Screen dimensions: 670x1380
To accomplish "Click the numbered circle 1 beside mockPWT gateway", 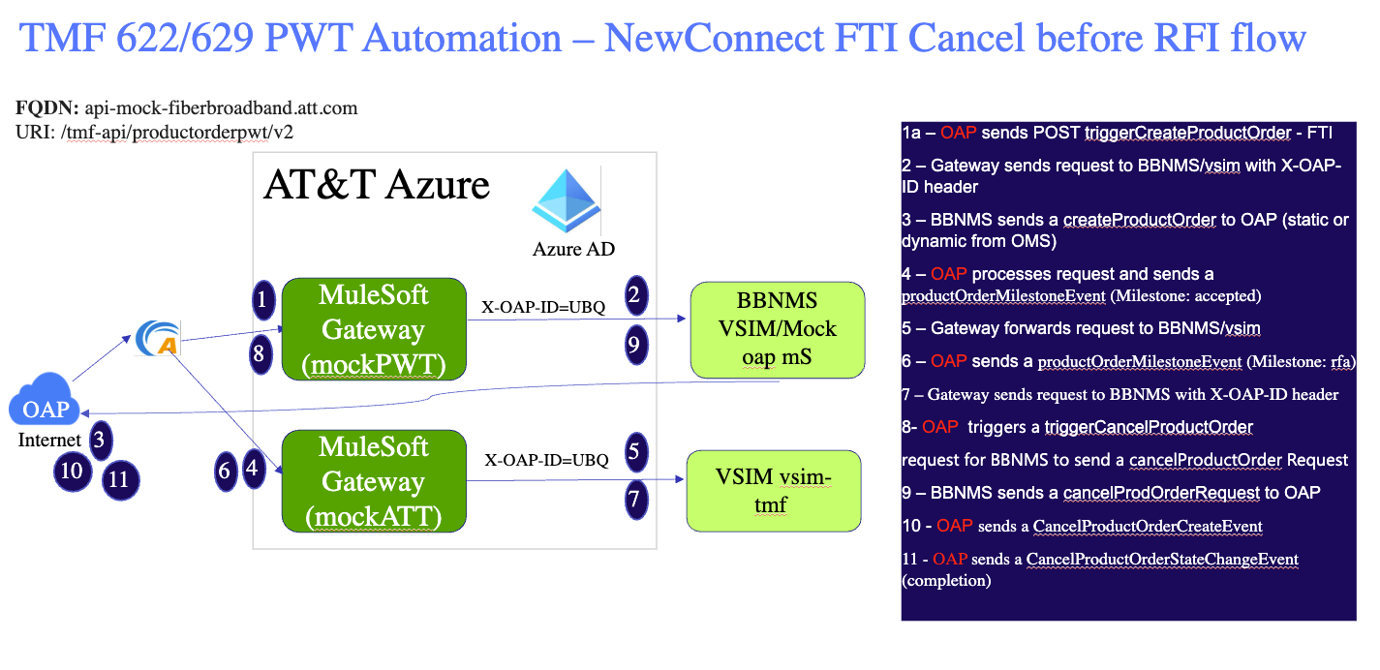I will point(261,300).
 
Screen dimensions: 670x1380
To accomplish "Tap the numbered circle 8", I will point(259,354).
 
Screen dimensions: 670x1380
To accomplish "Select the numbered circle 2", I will point(635,295).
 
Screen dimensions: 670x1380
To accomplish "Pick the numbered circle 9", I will point(635,346).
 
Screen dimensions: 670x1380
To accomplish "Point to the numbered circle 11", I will point(119,479).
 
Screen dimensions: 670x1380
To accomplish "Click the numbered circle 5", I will point(635,450).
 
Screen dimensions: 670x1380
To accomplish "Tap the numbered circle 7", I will point(635,500).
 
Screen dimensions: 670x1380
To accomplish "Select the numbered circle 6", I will point(226,472).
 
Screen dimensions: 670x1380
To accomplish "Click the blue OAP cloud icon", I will point(46,408).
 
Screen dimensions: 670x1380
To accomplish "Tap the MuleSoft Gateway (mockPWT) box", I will point(374,329).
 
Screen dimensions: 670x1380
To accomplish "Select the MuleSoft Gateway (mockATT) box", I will point(374,482).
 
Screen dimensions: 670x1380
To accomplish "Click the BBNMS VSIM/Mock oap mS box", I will point(777,329).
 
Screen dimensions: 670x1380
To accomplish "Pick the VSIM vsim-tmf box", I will point(774,490).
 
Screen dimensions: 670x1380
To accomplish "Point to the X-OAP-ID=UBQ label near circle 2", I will point(543,308).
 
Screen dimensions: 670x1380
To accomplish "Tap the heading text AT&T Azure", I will point(377,185).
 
